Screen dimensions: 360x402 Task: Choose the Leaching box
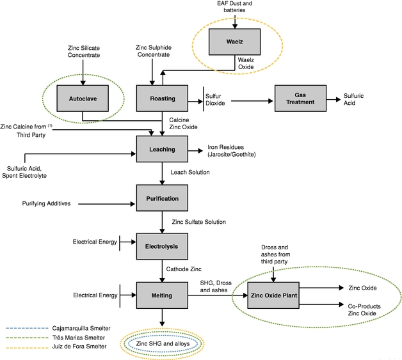[163, 150]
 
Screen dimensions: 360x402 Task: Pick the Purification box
[163, 199]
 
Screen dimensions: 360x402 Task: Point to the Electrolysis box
[163, 246]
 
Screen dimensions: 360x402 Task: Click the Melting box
[163, 295]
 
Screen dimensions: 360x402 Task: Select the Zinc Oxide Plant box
[273, 295]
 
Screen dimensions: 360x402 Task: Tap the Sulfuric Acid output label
[353, 100]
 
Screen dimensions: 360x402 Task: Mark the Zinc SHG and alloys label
[163, 343]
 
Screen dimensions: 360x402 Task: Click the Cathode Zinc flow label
[184, 269]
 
